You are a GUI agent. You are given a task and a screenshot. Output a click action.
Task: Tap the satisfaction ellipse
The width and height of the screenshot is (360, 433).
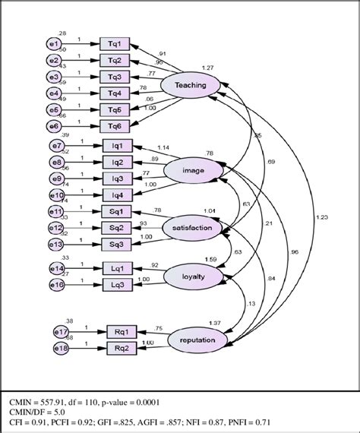(192, 226)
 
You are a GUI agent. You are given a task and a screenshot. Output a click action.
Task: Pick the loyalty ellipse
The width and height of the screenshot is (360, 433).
(192, 277)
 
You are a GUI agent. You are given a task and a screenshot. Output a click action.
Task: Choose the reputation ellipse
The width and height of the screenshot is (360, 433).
(197, 340)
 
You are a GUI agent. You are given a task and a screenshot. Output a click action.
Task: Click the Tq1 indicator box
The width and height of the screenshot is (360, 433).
(115, 44)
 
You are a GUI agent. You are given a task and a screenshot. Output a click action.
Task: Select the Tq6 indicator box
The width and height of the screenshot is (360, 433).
(115, 126)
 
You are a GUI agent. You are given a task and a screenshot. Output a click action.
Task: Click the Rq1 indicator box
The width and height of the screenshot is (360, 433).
(122, 332)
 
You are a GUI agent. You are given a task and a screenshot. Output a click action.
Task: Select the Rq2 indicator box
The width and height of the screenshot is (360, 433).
(122, 348)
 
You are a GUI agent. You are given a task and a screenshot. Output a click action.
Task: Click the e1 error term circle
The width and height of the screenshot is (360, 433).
(54, 44)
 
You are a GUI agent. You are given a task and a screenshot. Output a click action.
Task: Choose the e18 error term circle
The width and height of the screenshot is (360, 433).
(62, 348)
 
